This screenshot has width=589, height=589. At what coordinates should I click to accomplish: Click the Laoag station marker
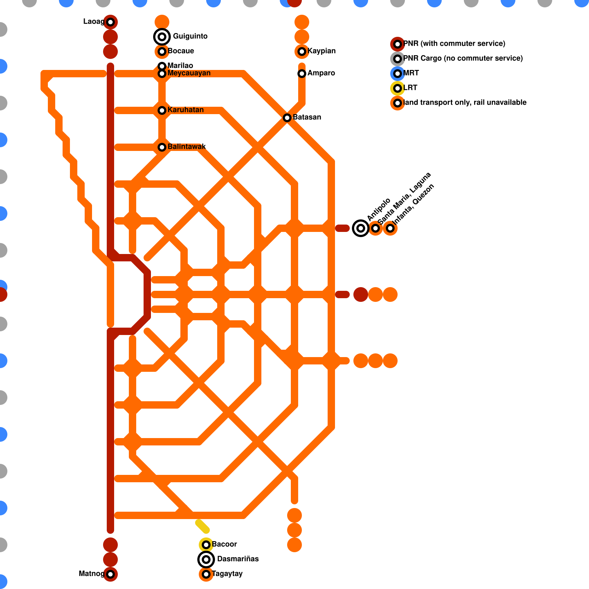click(110, 22)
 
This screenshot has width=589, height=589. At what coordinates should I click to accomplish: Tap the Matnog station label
click(92, 574)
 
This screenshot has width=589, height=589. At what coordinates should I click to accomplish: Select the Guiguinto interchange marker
click(162, 36)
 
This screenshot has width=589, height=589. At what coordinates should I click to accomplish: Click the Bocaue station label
click(181, 51)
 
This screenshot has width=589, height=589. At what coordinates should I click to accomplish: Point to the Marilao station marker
click(162, 66)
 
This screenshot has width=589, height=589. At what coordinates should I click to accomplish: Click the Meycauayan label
click(189, 73)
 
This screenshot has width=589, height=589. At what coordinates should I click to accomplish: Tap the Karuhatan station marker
click(162, 110)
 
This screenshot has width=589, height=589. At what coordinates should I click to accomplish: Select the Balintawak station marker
click(162, 147)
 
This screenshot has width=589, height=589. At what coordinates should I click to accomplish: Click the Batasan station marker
click(287, 118)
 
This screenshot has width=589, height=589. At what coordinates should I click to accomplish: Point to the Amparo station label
click(321, 73)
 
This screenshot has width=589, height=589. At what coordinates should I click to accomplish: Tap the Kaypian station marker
click(302, 52)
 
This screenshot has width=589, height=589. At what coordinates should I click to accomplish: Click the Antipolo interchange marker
click(361, 228)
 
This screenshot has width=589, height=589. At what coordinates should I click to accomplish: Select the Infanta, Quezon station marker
click(390, 228)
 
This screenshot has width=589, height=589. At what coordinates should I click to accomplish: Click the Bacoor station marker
click(206, 545)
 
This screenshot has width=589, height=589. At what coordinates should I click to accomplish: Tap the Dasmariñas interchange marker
click(206, 560)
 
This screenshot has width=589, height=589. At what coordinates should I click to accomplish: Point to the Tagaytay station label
click(227, 574)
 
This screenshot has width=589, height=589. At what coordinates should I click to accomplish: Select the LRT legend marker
click(398, 88)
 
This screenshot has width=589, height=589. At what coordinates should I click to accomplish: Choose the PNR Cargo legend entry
click(456, 59)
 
